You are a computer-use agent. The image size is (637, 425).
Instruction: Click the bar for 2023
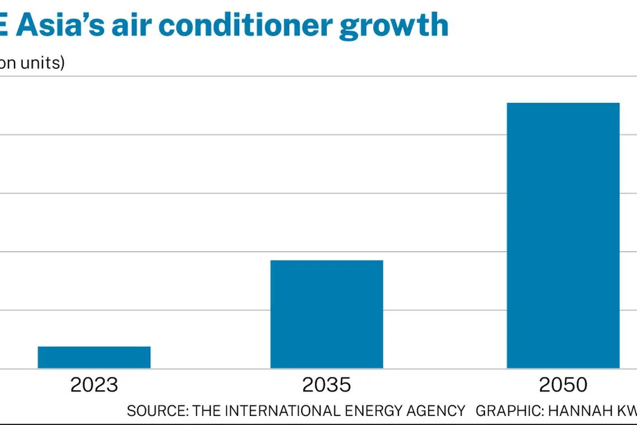point(94,357)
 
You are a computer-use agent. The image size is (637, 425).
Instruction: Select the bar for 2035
point(326,314)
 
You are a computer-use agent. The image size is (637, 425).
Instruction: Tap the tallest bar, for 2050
point(563,235)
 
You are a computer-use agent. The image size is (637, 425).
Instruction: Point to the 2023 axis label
point(94,385)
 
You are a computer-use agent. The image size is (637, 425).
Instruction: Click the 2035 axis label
point(326,385)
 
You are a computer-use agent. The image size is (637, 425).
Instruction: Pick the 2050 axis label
point(563,385)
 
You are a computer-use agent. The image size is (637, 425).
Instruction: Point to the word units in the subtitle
point(40,63)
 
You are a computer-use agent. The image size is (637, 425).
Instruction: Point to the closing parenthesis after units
point(62,63)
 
